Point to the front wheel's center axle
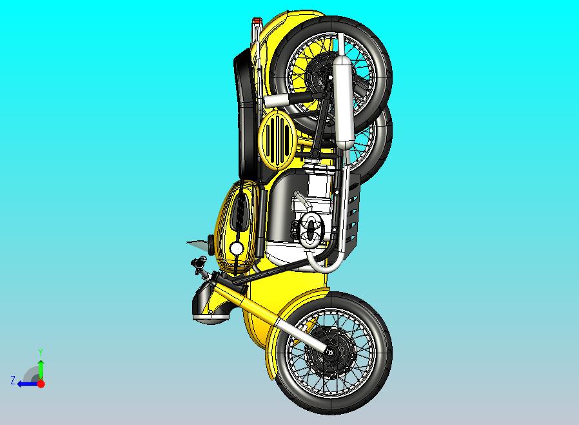point(331,352)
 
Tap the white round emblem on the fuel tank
point(237,248)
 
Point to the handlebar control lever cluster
point(197,264)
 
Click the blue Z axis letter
point(12,380)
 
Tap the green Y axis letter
point(40,352)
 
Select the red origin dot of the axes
point(41,384)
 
